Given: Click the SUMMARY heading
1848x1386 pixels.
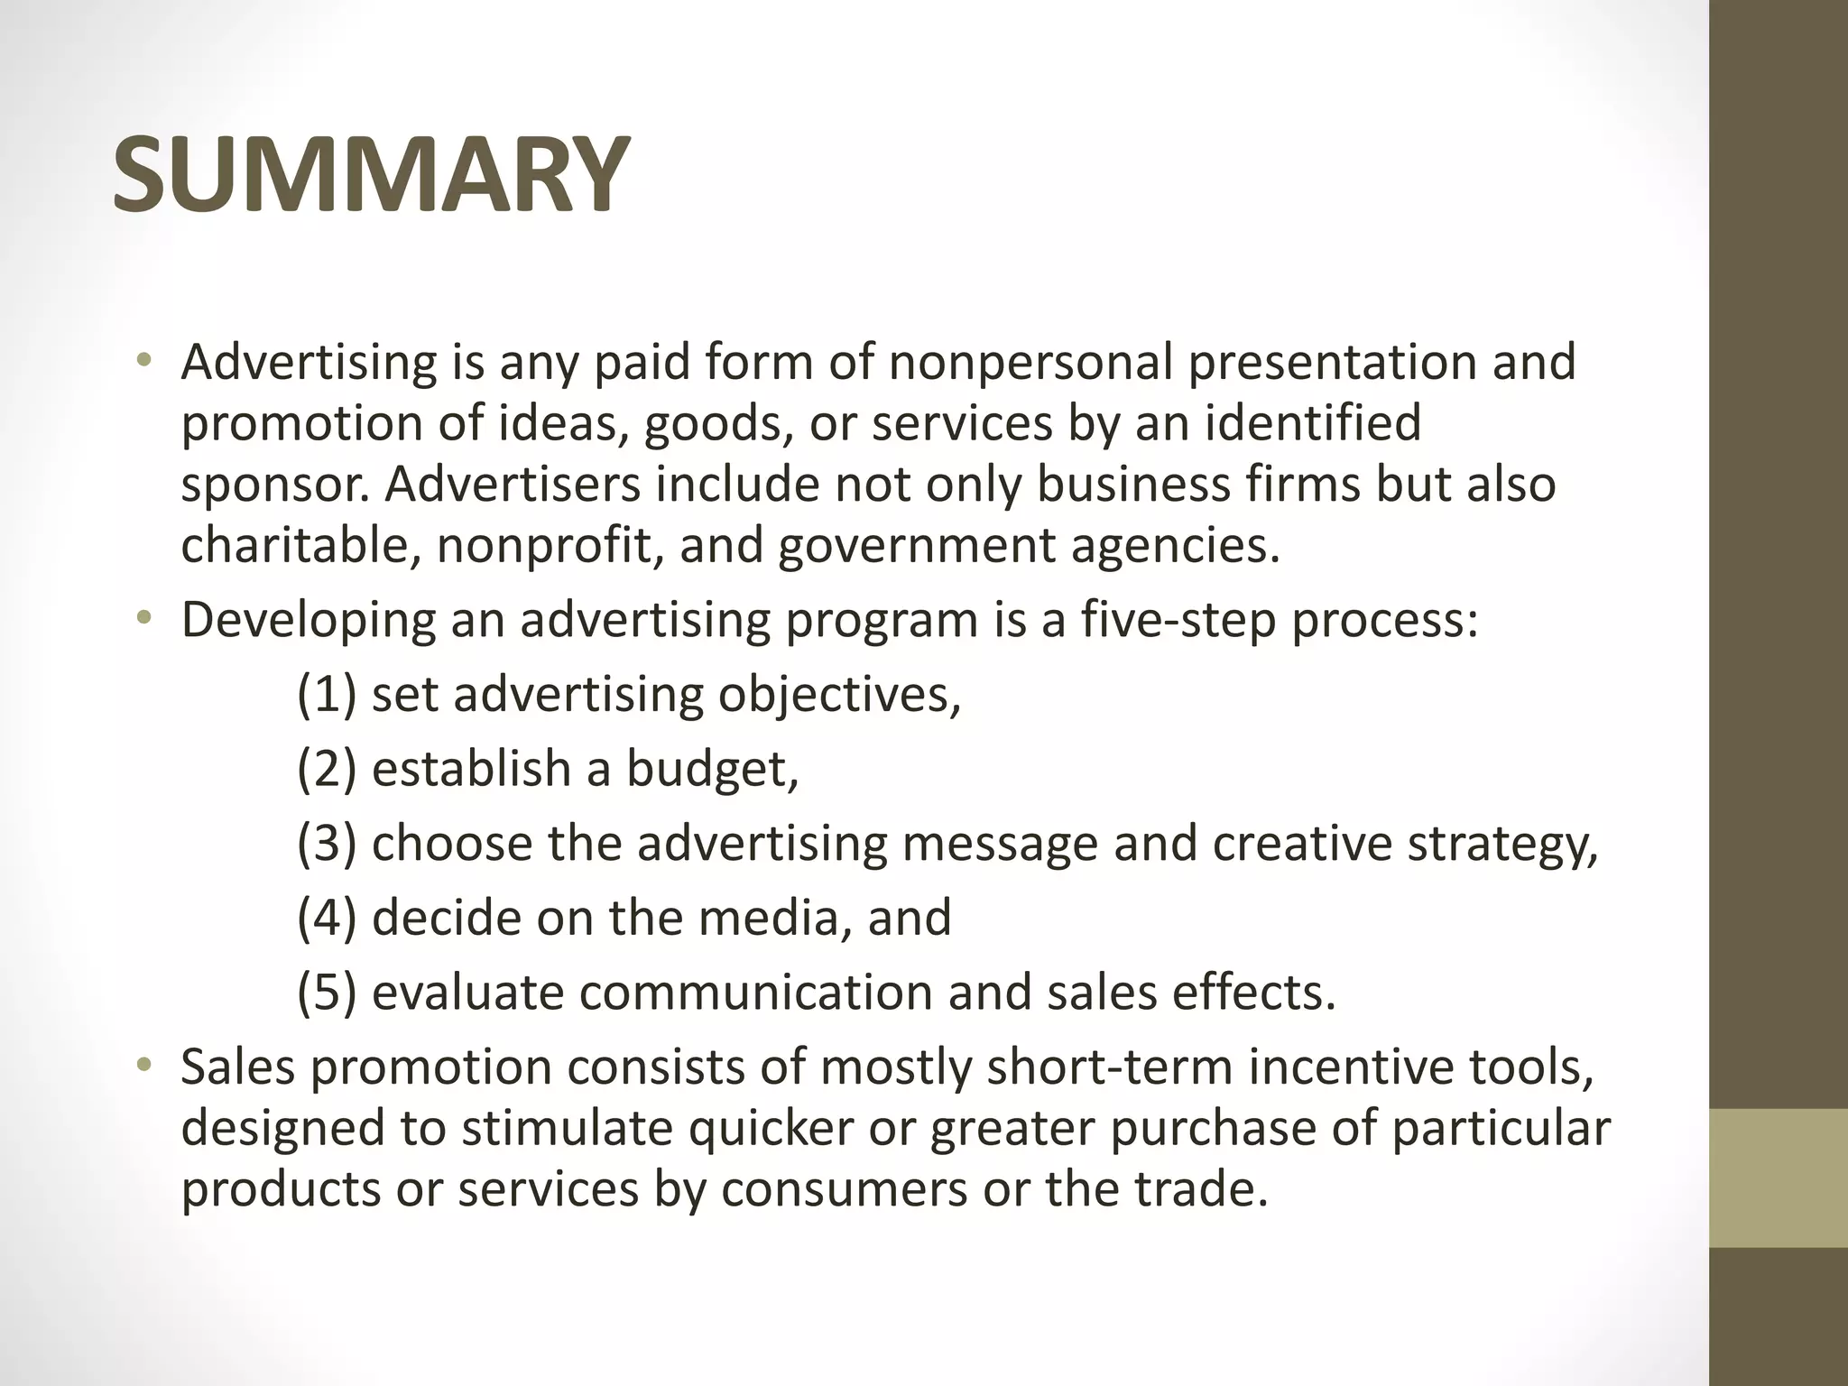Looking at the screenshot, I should click(370, 174).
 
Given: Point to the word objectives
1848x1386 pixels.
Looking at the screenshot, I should click(839, 696).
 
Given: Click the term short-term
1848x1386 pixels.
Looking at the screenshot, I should click(1110, 1067).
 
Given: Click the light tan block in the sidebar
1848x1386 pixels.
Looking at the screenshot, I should click(1779, 1178).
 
